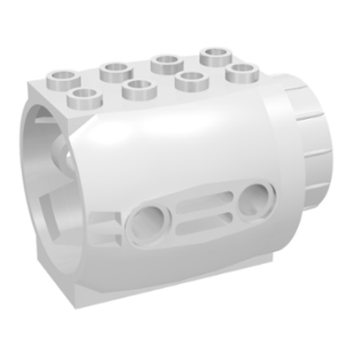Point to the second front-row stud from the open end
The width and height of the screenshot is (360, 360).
click(136, 86)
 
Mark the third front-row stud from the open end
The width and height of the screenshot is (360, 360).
click(192, 79)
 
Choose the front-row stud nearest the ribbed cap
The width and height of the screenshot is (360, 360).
click(240, 70)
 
